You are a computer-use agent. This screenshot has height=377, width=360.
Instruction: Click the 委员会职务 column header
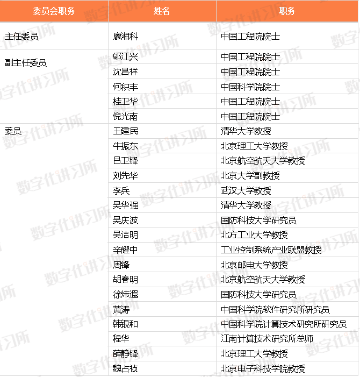click(x=54, y=11)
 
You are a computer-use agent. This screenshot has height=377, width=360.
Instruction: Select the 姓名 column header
click(x=162, y=11)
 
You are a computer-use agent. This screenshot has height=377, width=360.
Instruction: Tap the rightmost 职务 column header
click(x=287, y=11)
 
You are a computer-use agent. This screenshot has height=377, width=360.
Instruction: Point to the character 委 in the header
click(x=37, y=11)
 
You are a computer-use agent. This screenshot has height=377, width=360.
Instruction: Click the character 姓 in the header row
click(x=157, y=11)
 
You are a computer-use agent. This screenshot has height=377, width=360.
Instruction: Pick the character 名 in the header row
click(x=166, y=11)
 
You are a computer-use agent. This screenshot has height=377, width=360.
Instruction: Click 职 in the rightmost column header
click(x=283, y=11)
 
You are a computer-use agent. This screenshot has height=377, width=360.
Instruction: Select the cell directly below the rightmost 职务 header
click(x=287, y=35)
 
